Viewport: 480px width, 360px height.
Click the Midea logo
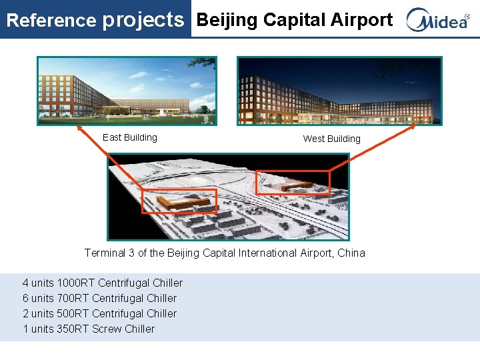click(438, 20)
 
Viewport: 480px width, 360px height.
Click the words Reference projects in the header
click(95, 20)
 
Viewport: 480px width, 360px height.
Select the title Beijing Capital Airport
click(294, 20)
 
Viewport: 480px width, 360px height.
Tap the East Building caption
click(130, 137)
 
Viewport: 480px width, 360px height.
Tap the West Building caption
click(331, 139)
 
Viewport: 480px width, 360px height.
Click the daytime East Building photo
click(127, 90)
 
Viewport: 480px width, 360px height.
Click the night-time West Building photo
click(339, 91)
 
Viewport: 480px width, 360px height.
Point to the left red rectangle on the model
click(179, 201)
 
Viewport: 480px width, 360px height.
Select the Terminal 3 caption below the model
click(225, 253)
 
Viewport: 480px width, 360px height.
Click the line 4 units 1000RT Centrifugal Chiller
click(103, 283)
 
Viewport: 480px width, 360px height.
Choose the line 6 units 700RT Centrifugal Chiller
click(100, 298)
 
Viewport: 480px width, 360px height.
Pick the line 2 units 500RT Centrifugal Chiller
click(100, 313)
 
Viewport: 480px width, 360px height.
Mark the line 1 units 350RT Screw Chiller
click(89, 329)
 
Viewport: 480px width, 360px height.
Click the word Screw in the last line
click(107, 329)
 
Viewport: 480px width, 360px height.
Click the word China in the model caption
click(351, 253)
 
